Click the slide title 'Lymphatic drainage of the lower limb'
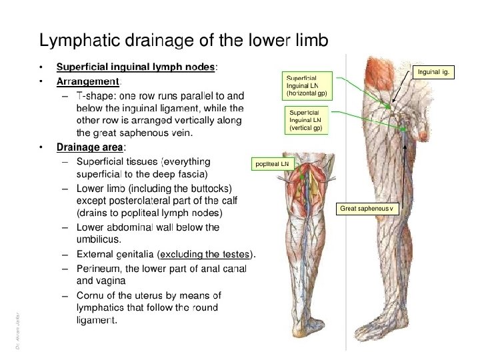click(183, 41)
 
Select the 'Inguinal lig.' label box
click(435, 70)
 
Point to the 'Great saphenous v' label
click(367, 209)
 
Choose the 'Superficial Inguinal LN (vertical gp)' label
click(306, 120)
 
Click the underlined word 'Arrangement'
click(87, 81)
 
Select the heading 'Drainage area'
click(90, 147)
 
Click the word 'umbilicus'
click(99, 239)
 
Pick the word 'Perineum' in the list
click(99, 269)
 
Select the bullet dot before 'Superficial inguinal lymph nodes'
click(42, 67)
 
